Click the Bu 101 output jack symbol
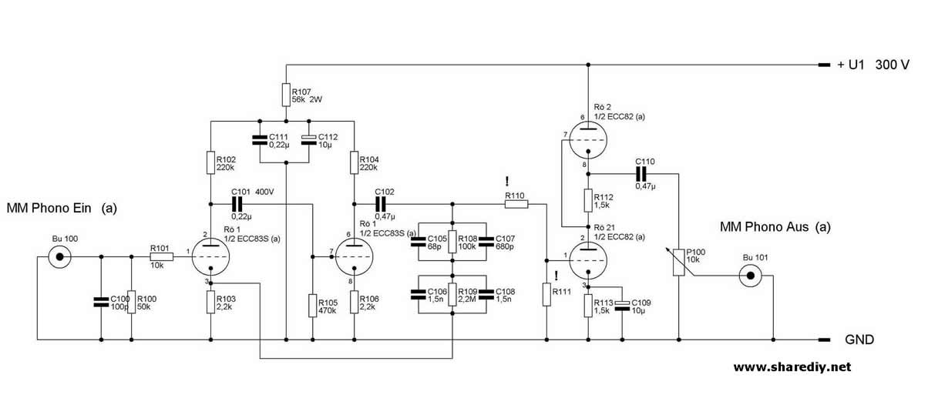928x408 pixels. click(x=751, y=276)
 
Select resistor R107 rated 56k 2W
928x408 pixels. click(x=286, y=94)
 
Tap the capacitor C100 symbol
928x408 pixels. click(x=101, y=303)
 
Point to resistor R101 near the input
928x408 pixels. click(x=161, y=256)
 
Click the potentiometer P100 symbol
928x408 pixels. click(x=679, y=263)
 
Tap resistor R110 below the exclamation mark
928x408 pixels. click(x=515, y=204)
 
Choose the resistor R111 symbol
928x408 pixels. click(x=546, y=296)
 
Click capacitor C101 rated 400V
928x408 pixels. click(x=237, y=204)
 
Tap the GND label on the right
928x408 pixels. click(x=860, y=339)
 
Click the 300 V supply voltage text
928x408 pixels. click(x=893, y=66)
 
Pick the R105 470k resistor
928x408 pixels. click(x=312, y=305)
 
